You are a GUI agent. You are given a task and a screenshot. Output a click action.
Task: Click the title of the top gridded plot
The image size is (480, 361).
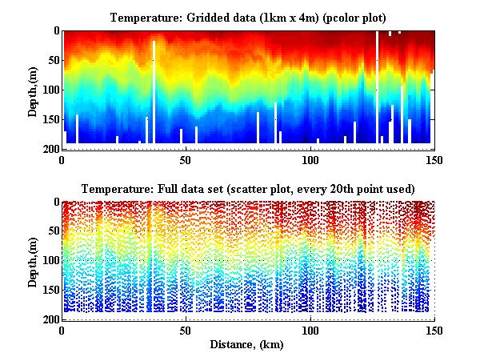point(247,17)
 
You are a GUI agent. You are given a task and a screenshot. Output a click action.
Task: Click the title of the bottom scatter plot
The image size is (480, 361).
point(247,189)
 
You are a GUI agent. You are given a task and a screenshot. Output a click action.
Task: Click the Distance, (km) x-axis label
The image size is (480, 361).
point(247,345)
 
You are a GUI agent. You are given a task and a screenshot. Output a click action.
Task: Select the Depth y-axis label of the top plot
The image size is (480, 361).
point(33,90)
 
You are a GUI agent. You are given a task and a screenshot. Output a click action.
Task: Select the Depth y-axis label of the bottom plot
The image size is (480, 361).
point(33,262)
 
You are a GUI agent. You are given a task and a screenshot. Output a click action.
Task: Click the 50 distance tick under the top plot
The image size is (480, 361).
point(186,160)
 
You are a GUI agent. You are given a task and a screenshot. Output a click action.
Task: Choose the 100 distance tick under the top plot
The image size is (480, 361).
point(310,160)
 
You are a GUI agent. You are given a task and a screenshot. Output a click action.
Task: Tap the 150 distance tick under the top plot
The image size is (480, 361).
point(433,160)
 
